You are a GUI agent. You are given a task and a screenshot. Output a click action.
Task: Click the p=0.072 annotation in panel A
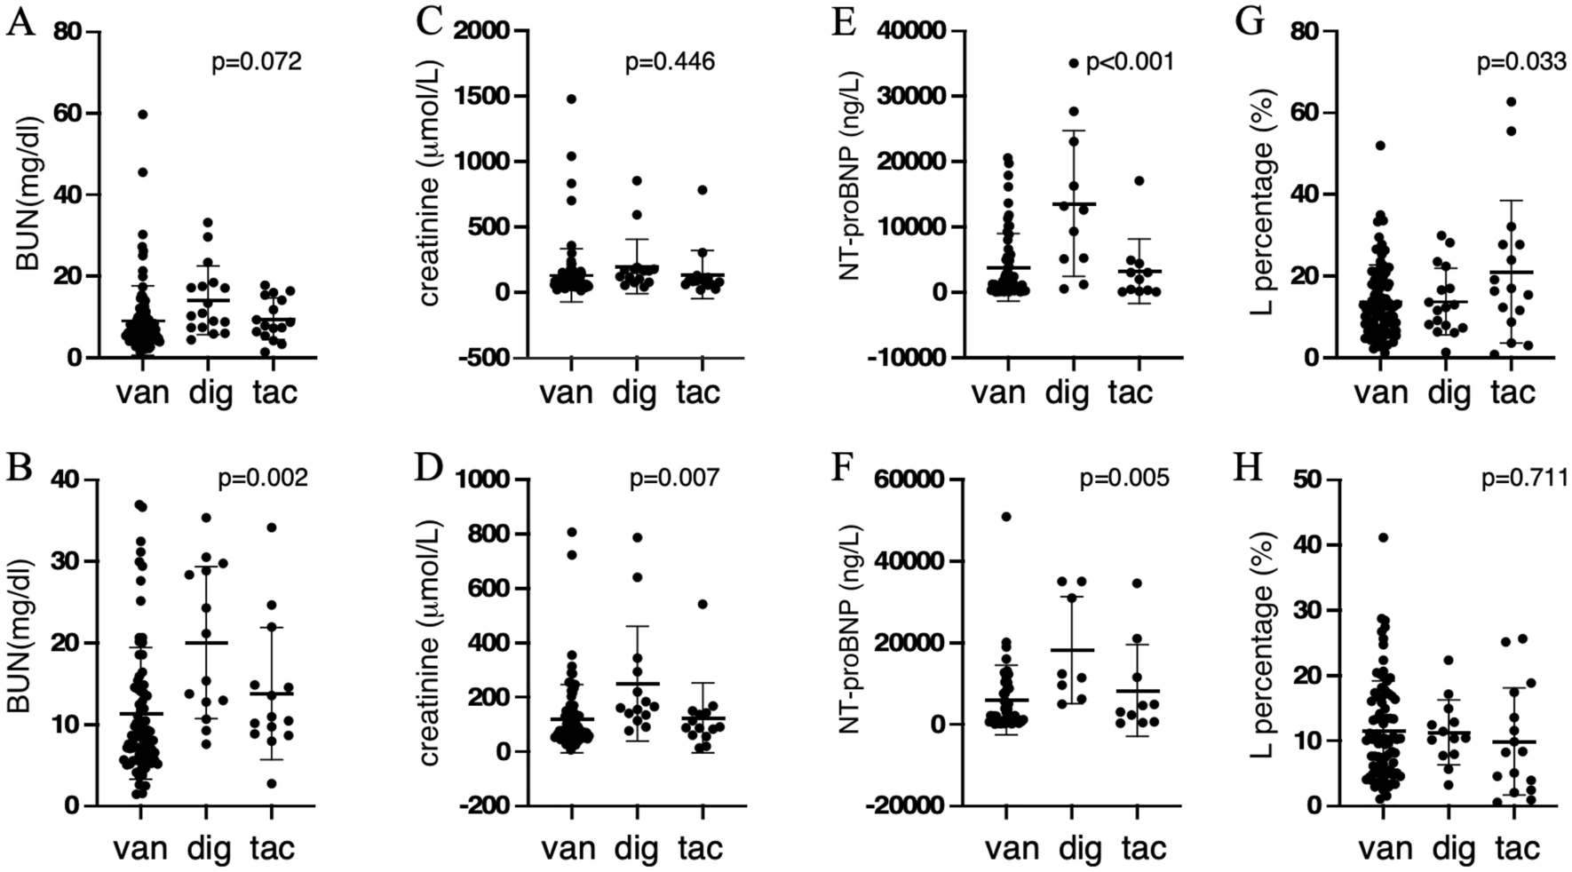coord(256,62)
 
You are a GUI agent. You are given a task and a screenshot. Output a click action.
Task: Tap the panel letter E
coord(843,21)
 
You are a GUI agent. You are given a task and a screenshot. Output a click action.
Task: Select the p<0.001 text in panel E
coord(1130,61)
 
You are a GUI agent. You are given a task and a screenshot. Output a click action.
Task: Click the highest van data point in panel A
coord(142,114)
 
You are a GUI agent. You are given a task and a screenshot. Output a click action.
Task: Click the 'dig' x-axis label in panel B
coord(208,848)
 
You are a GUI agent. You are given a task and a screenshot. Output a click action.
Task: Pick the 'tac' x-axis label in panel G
coord(1512,392)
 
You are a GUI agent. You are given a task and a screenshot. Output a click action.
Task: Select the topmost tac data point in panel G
coord(1511,101)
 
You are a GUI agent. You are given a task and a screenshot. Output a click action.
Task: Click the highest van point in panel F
coord(1006,517)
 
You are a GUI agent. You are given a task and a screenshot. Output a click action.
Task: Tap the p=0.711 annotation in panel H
coord(1524,480)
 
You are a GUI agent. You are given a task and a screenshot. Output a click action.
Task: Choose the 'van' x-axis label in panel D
coord(569,848)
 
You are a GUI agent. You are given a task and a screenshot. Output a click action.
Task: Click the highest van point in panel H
coord(1383,537)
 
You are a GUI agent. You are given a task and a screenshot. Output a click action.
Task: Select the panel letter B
coord(20,469)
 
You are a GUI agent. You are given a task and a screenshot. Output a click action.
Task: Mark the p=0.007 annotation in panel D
coord(674,479)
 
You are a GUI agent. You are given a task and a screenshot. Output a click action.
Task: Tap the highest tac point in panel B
coord(272,527)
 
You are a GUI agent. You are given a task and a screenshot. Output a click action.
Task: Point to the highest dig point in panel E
coord(1073,63)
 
